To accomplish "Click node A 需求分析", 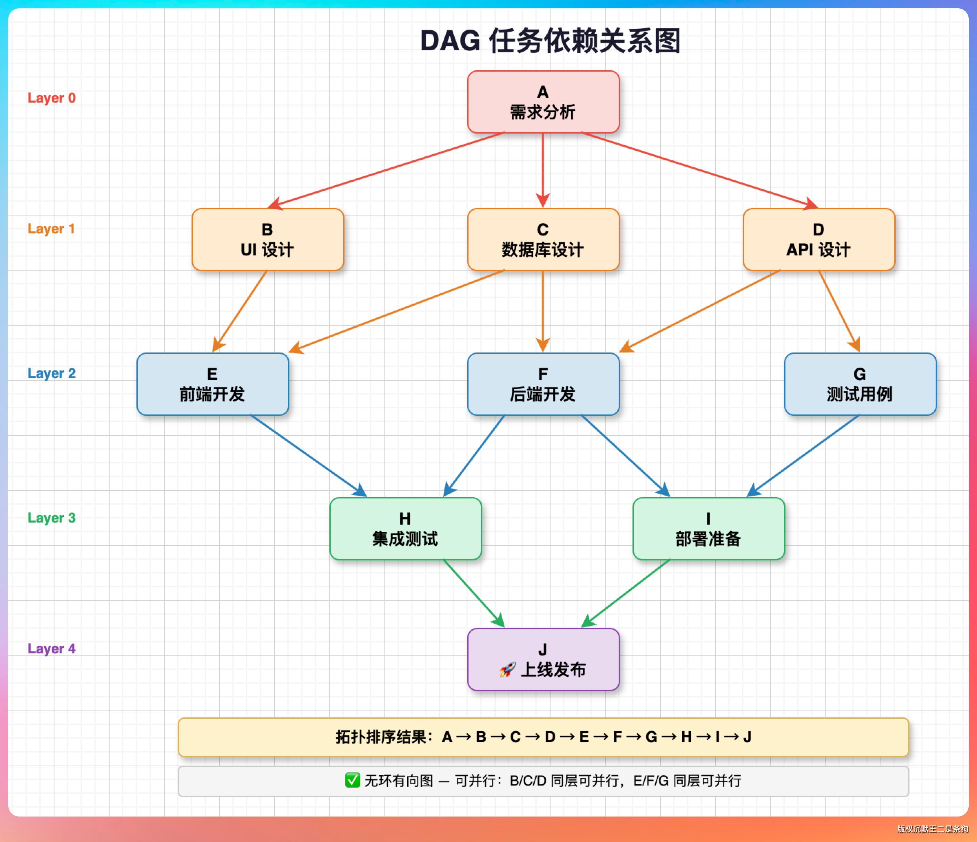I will click(543, 102).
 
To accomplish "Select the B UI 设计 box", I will click(267, 239).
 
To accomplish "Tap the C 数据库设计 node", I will click(543, 239).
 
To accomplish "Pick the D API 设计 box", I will click(818, 239).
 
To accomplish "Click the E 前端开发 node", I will click(212, 384).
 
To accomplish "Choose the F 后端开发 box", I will click(543, 384).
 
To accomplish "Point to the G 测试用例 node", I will click(860, 384).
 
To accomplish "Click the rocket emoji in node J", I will click(507, 670).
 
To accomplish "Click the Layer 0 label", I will click(51, 98).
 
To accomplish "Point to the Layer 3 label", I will click(51, 518).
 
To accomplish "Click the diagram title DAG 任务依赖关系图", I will click(550, 41).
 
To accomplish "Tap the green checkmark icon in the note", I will click(352, 780).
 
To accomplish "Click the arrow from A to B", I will click(387, 170).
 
